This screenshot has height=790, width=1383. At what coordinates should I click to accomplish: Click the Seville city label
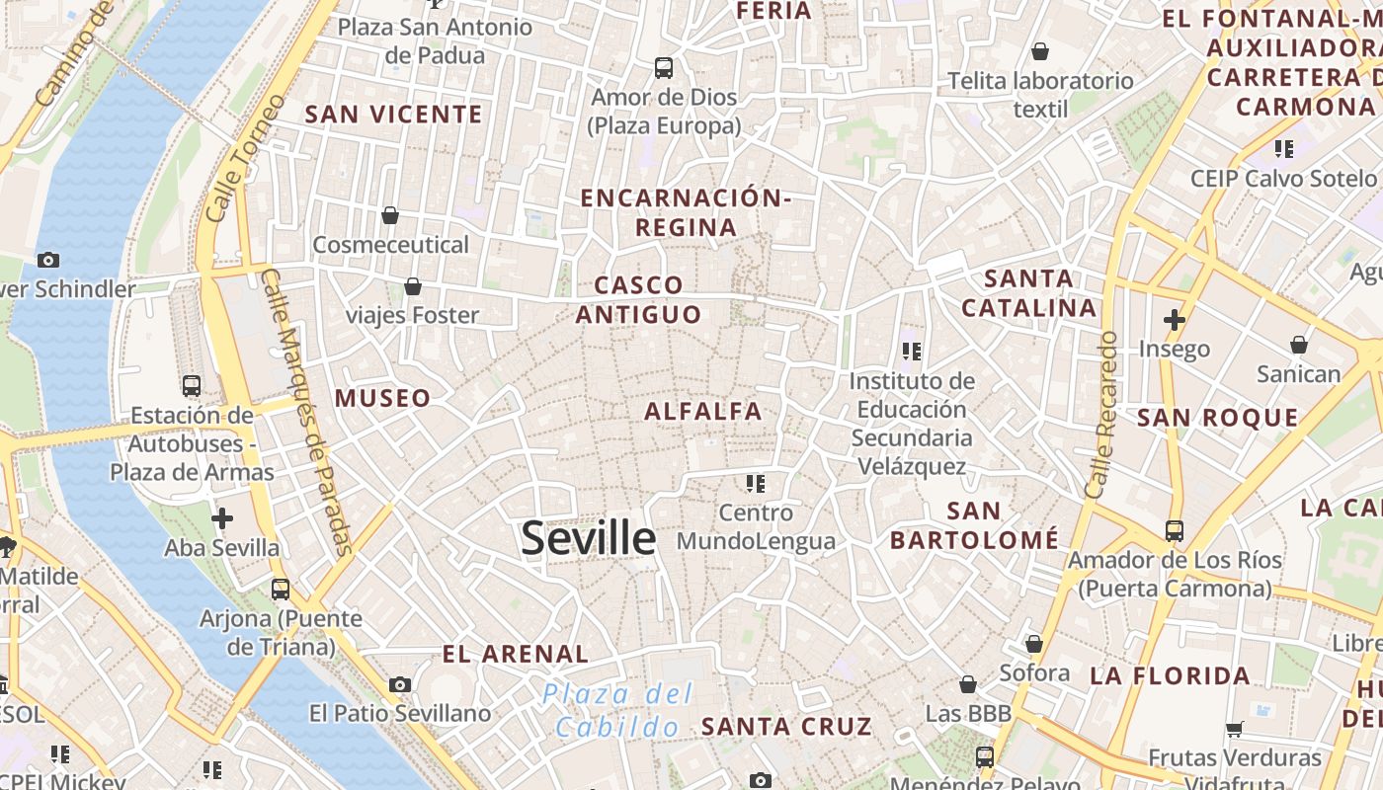[x=588, y=539]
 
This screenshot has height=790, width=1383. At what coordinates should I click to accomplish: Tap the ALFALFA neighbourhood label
[x=703, y=411]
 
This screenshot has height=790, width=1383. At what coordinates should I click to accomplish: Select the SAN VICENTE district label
[x=393, y=115]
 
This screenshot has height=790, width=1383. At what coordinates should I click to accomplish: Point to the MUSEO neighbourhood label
[x=382, y=398]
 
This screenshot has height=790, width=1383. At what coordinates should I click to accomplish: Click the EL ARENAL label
[x=515, y=654]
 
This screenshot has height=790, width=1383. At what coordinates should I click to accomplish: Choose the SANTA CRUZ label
[x=786, y=727]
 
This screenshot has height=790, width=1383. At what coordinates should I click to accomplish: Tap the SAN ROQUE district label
[x=1217, y=417]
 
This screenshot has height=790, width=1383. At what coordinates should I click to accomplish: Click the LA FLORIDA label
[x=1170, y=676]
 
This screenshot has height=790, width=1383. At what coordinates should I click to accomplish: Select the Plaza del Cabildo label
[x=618, y=711]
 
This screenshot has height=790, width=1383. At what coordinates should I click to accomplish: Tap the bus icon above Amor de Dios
[x=664, y=68]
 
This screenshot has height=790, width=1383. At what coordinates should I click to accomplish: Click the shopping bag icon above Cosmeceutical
[x=390, y=215]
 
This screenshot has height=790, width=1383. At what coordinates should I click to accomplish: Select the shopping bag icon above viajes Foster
[x=413, y=286]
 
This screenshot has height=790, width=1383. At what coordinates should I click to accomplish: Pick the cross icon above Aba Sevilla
[x=222, y=518]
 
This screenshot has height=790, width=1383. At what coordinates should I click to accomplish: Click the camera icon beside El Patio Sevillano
[x=400, y=684]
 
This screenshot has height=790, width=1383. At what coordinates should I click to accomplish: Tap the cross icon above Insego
[x=1174, y=320]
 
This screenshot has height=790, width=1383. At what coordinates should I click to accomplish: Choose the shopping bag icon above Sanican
[x=1298, y=345]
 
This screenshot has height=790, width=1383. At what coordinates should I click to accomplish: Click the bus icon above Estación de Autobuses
[x=192, y=386]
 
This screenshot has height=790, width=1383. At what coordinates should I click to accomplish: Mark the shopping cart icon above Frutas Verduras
[x=1234, y=730]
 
